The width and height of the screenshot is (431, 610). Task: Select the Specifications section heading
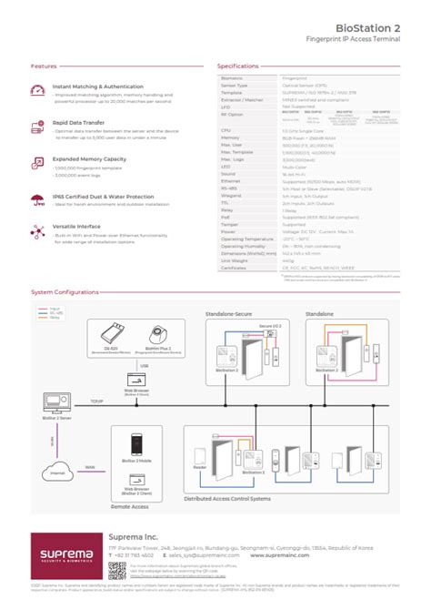tap(239, 66)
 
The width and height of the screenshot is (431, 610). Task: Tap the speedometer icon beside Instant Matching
tap(37, 90)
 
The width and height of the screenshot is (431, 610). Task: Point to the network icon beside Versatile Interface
tap(37, 231)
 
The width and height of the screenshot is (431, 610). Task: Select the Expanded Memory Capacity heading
tap(89, 158)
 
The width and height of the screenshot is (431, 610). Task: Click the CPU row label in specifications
tap(226, 131)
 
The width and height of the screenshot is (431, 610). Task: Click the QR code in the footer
tap(116, 571)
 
